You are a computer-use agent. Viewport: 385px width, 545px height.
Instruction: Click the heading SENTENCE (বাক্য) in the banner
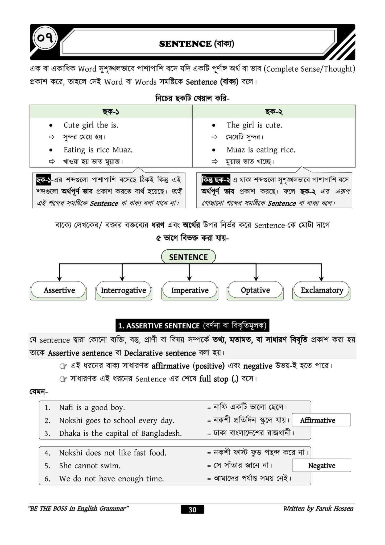click(196, 44)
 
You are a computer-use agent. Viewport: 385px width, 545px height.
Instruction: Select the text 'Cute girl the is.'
click(91, 125)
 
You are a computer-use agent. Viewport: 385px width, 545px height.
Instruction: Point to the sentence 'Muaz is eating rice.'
click(261, 150)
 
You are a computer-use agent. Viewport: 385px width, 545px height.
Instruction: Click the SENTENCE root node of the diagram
click(188, 257)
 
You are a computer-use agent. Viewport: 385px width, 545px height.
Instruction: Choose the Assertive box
click(59, 290)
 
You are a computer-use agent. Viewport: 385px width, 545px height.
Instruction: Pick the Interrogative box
click(123, 290)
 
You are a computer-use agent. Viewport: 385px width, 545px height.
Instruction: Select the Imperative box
click(190, 290)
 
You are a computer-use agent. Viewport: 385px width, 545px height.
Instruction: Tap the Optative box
click(255, 290)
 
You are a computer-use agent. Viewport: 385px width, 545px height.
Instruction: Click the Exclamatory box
click(322, 290)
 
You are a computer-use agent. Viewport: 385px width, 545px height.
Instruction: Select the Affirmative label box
click(321, 420)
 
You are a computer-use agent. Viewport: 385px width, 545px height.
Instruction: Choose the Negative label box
click(321, 465)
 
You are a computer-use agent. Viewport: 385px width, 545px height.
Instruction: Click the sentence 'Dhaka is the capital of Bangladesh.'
click(120, 433)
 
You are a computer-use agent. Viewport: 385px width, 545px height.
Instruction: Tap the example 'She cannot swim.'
click(90, 466)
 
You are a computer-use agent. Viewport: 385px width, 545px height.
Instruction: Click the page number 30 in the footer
click(192, 509)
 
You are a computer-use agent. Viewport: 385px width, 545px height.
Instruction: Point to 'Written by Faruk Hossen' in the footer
click(318, 509)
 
